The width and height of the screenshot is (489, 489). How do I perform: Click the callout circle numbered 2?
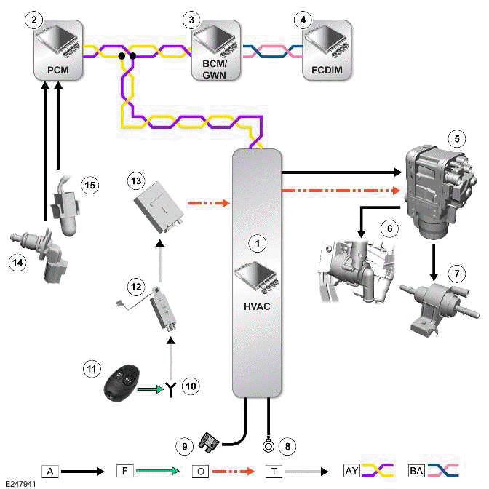pos(31,20)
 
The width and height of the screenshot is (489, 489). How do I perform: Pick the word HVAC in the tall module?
pos(255,307)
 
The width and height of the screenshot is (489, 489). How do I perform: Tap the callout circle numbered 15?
pos(88,186)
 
